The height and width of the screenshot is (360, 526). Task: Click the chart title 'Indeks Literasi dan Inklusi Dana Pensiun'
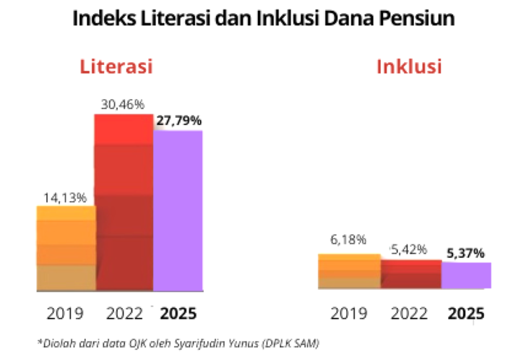(x=263, y=18)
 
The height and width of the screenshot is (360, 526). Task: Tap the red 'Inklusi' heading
(x=409, y=67)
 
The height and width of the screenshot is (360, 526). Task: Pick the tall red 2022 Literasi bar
(x=124, y=202)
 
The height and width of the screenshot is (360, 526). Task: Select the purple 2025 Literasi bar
(x=178, y=210)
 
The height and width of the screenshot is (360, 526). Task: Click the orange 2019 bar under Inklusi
(x=350, y=271)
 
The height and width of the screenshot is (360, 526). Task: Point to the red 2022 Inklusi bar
(x=410, y=275)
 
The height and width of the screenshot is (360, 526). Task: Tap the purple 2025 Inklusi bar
(x=466, y=275)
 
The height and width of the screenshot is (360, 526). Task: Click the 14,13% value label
(x=66, y=197)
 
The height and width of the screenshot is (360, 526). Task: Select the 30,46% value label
(x=124, y=104)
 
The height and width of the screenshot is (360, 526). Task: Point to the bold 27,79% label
(x=178, y=120)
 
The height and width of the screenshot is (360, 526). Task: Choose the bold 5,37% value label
(x=466, y=252)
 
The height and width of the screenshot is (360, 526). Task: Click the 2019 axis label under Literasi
(x=66, y=314)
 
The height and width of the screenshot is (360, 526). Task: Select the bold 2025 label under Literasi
(x=178, y=314)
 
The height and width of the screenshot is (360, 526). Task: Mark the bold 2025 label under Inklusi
(x=466, y=314)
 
